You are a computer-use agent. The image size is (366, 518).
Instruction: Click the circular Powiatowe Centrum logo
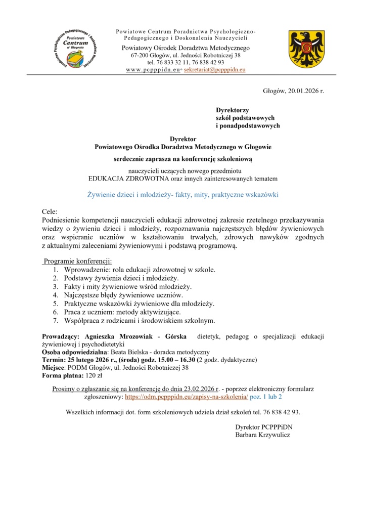point(74,49)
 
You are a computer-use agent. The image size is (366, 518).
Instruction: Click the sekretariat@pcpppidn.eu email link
point(214,69)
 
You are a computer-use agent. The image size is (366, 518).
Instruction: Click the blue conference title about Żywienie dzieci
point(183,194)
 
